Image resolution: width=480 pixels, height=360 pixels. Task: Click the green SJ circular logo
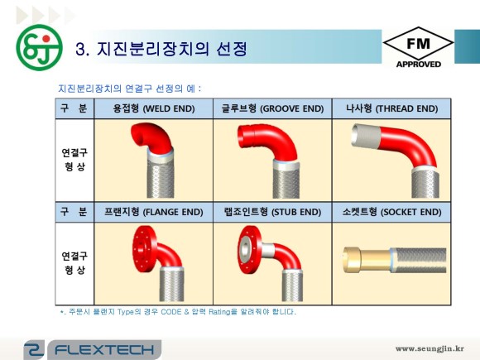coord(38,48)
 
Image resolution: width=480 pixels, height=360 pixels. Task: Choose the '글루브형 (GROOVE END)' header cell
coord(272,108)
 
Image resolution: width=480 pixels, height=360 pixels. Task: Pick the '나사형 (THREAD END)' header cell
coord(390,108)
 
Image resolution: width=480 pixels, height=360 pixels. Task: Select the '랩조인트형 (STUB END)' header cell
coord(272,211)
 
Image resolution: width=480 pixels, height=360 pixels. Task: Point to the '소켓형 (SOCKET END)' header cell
coord(390,211)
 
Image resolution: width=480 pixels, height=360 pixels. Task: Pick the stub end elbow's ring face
coord(247,247)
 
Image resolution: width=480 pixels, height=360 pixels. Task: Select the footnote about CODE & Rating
coord(178,312)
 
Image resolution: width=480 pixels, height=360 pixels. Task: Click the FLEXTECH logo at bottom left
coord(91,348)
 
